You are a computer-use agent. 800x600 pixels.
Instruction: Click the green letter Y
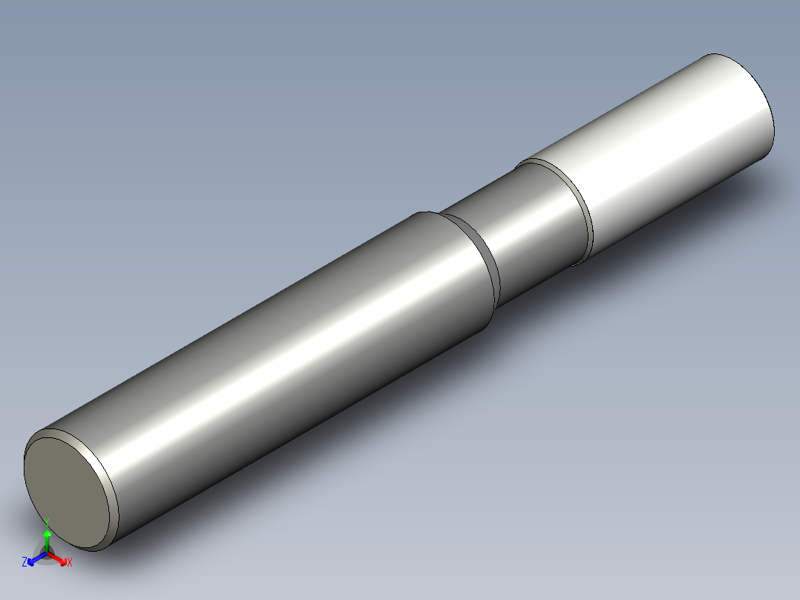[47, 522]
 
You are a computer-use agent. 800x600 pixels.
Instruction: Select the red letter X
[70, 562]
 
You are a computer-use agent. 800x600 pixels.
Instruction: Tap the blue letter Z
[24, 561]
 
